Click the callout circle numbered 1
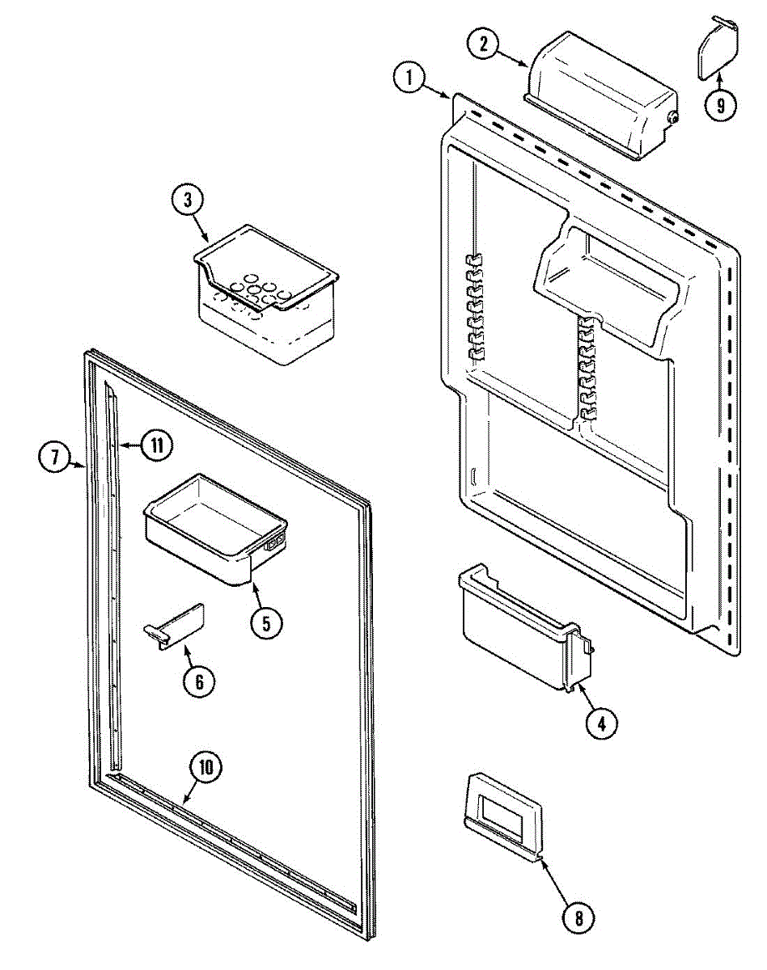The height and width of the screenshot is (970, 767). click(x=410, y=79)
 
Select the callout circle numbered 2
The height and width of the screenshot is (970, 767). click(x=484, y=44)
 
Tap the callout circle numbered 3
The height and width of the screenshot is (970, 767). click(x=188, y=200)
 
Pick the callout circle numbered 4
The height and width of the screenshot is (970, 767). click(x=601, y=721)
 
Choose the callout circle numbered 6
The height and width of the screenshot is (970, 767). click(x=199, y=681)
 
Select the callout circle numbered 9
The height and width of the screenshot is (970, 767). click(x=720, y=103)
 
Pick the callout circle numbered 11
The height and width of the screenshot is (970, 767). click(x=157, y=444)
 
